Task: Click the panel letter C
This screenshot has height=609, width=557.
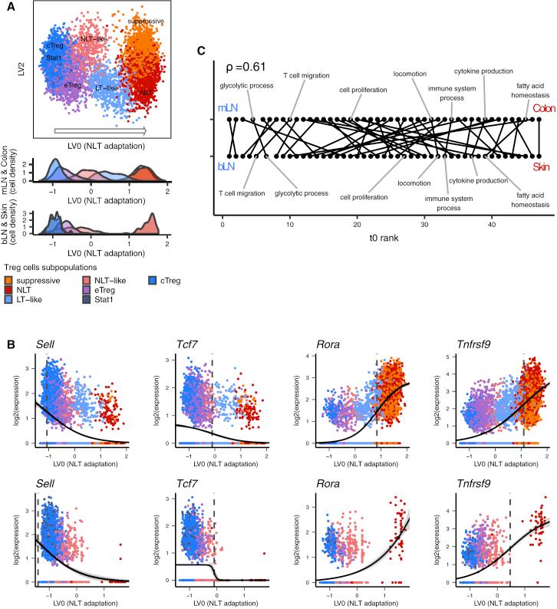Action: (x=202, y=51)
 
